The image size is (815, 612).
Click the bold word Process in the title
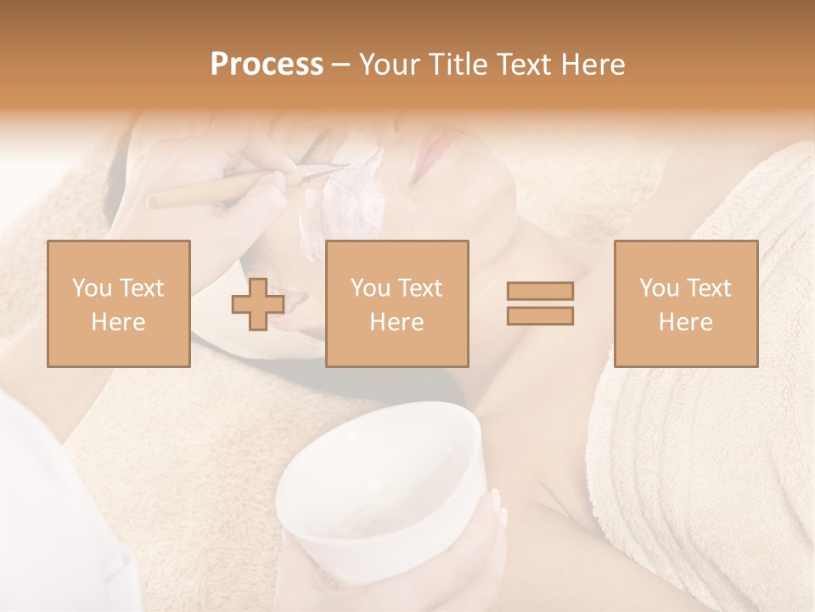click(x=267, y=65)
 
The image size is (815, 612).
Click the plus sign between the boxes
click(x=258, y=304)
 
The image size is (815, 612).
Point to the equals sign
click(x=540, y=303)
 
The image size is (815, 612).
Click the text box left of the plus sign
click(x=118, y=303)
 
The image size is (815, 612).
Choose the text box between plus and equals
click(x=396, y=303)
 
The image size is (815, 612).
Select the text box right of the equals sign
click(x=685, y=303)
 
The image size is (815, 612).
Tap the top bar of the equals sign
click(x=540, y=292)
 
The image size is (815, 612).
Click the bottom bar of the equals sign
click(x=540, y=316)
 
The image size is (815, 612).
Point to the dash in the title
click(x=340, y=65)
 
